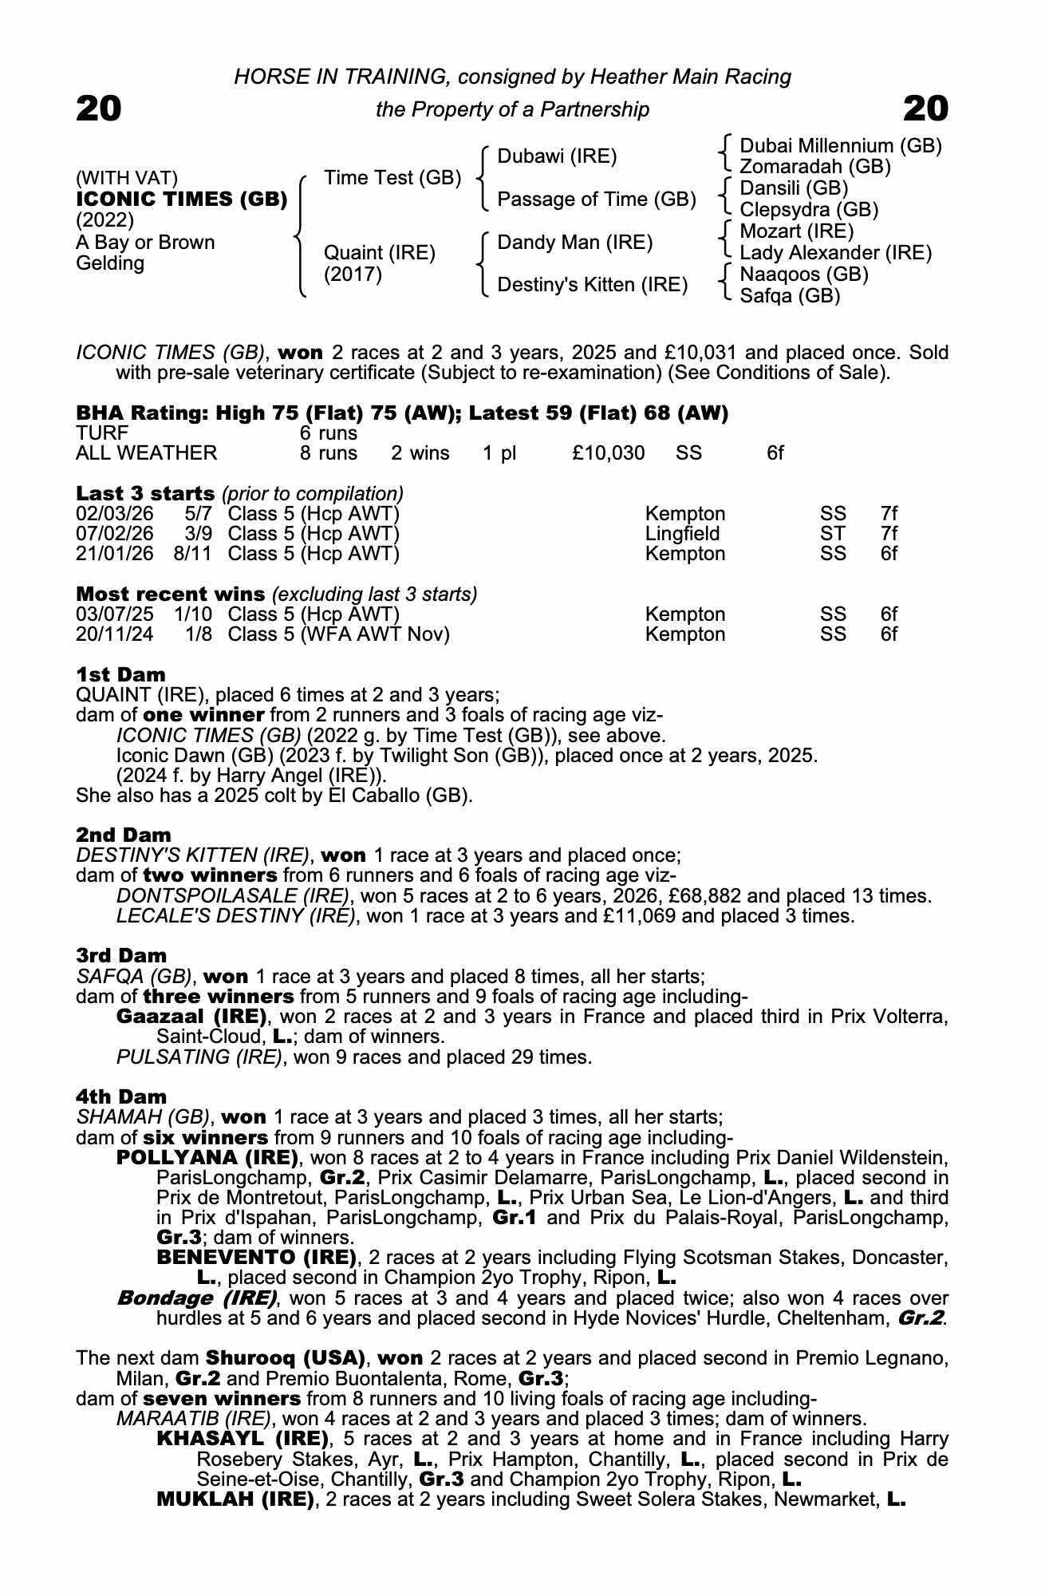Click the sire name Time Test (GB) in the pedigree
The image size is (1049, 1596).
pos(392,178)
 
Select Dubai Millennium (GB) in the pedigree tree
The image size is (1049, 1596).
pos(841,146)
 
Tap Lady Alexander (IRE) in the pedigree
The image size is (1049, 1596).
pos(835,253)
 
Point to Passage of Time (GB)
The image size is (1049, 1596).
pos(597,199)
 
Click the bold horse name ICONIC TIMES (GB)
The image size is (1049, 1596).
pos(182,199)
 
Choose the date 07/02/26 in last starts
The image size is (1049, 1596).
pos(114,534)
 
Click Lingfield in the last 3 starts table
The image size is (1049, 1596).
pos(682,534)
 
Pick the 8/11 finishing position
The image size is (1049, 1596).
pos(192,554)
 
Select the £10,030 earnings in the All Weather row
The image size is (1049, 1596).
pos(608,453)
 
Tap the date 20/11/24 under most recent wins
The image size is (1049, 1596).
pos(114,634)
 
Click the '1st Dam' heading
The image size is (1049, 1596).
pos(120,675)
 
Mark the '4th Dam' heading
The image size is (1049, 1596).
pos(121,1097)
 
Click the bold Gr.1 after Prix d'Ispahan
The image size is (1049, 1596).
pos(515,1219)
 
